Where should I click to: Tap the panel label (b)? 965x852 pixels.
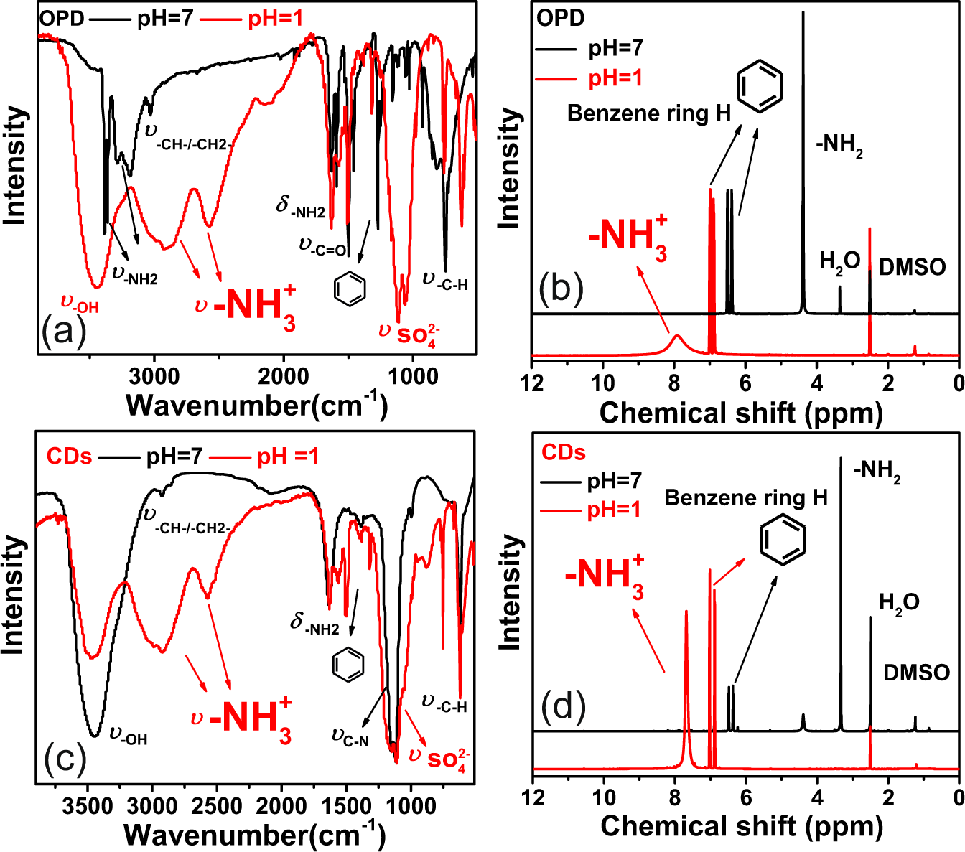pos(560,288)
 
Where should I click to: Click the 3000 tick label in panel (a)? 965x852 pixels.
pos(154,376)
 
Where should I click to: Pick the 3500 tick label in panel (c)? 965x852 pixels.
pos(87,805)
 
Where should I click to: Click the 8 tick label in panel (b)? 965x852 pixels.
pos(674,383)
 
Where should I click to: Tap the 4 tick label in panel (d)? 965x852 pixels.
pos(817,797)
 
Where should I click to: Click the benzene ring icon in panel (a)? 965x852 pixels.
pos(350,288)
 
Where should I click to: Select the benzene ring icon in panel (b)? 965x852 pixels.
pos(760,86)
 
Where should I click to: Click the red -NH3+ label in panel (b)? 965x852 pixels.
pos(628,237)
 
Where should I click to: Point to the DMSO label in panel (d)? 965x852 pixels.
pos(916,673)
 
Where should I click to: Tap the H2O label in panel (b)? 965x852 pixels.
pos(839,262)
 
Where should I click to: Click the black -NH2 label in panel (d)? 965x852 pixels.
pos(877,472)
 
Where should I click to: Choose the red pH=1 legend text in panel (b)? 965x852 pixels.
pos(615,78)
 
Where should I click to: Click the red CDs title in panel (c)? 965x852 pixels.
pos(69,456)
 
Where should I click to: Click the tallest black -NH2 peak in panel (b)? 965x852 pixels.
pos(803,14)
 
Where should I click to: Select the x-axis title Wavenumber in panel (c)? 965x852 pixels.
pos(255,835)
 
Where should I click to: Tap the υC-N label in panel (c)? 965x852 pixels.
pos(350,736)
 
